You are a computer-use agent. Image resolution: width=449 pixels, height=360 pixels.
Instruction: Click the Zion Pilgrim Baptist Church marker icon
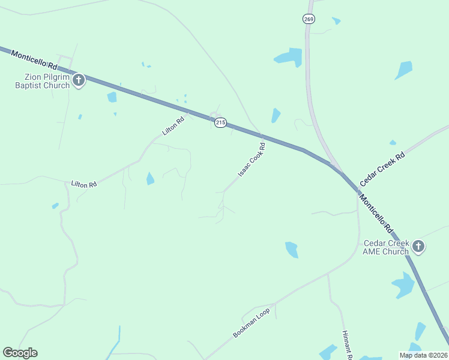pos(78,80)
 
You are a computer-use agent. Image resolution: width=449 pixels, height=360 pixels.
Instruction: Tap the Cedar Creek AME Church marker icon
pos(418,246)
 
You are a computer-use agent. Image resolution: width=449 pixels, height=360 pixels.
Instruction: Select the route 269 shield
pos(309,19)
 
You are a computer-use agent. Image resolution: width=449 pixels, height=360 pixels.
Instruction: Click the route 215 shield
pos(220,122)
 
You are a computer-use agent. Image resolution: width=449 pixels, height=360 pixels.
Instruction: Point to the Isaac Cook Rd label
pos(252,160)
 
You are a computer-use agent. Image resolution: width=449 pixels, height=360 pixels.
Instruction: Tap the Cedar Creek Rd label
pos(382,168)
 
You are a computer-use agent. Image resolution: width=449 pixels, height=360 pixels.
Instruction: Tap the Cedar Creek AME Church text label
pos(387,247)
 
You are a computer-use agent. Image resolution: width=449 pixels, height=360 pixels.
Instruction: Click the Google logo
pos(20,353)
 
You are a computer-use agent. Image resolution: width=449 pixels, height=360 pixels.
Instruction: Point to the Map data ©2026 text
pos(423,355)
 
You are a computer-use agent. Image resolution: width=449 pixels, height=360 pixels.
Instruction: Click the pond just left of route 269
pos(289,57)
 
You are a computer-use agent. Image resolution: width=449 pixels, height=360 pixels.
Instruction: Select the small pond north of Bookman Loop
pos(292,249)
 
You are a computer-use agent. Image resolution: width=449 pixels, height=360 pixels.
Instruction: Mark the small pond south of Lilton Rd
pos(150,178)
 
